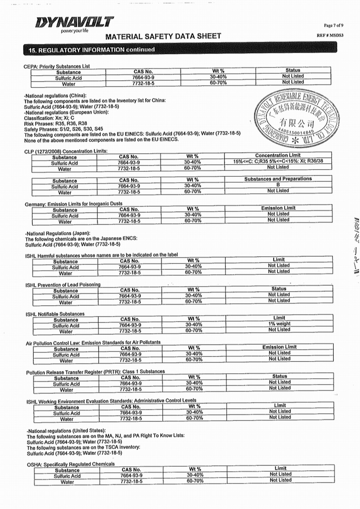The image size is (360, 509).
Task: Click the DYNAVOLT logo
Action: point(75,23)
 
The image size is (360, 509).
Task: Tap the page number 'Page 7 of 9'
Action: point(333,26)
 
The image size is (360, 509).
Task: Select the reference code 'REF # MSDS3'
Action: point(330,35)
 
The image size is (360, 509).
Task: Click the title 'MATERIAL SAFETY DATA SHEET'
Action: point(163,36)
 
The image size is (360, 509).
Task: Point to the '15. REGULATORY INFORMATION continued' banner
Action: point(92,50)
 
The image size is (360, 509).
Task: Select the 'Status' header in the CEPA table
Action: point(293,70)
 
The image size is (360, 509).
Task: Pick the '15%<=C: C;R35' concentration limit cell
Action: point(278,161)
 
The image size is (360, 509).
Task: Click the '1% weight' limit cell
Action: point(279,324)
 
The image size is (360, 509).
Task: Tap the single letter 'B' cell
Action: point(278,185)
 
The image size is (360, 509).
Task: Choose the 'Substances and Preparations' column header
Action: point(278,179)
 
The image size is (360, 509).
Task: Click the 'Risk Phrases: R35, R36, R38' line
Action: point(55,123)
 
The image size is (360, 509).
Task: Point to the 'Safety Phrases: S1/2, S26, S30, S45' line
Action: point(63,129)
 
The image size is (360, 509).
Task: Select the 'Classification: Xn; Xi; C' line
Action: point(49,118)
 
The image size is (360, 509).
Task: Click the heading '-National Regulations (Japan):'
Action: point(58,233)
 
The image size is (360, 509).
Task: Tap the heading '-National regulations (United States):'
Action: point(66,431)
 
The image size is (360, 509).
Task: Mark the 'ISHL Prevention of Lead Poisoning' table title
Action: point(63,285)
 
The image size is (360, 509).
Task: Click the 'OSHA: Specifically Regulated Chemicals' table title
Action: point(71,464)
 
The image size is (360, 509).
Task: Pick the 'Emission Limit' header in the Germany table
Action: point(278,208)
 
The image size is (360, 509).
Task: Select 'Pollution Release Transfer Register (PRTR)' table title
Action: point(95,372)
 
